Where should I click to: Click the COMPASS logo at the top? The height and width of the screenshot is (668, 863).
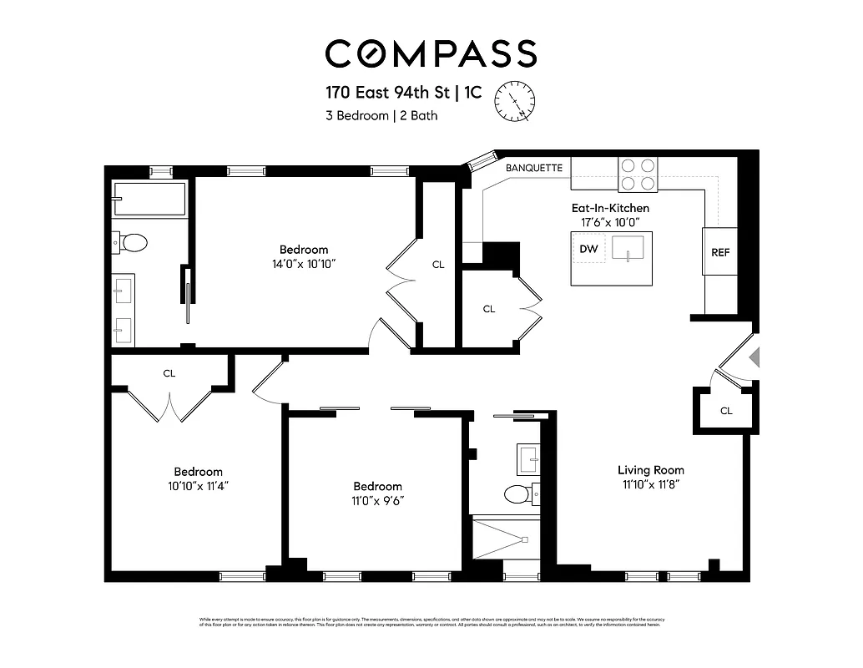[431, 53]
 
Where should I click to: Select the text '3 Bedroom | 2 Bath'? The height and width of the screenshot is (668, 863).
[381, 116]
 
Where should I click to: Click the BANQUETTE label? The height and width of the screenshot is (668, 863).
[534, 168]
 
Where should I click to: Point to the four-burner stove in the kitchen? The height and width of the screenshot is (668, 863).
[637, 175]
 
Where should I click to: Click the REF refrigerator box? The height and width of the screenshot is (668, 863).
[719, 252]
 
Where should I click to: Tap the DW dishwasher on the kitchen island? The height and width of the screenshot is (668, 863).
[588, 249]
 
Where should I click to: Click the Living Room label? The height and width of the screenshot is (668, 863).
[651, 469]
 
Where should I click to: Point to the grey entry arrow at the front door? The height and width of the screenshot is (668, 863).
[754, 357]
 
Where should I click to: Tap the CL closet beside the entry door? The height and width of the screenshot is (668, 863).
[725, 410]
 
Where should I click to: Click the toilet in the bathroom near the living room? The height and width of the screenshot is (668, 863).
[518, 494]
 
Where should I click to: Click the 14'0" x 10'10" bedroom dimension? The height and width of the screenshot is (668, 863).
[303, 263]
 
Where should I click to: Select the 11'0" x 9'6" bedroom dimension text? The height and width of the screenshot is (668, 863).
[377, 500]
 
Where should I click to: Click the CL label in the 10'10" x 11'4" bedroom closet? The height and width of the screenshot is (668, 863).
[169, 373]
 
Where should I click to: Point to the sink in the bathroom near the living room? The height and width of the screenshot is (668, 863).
[527, 457]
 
